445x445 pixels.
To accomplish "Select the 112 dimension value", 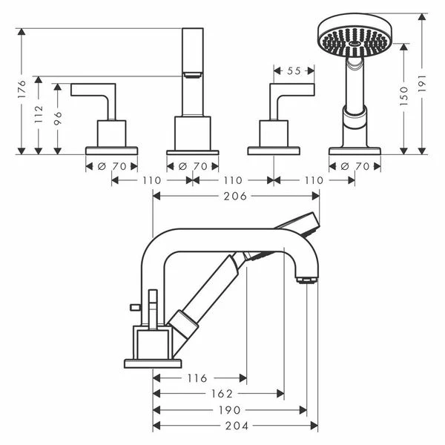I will click(x=39, y=113).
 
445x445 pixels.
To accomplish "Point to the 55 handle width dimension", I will click(x=294, y=71).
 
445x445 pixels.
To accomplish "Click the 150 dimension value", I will click(x=404, y=97).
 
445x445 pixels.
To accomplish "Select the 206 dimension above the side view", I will click(x=236, y=196).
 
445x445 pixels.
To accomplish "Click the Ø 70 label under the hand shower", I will click(x=354, y=166).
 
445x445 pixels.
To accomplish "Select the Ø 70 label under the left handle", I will click(x=111, y=166).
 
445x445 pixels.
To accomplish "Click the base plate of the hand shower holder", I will click(x=355, y=151).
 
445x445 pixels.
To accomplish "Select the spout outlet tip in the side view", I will click(x=305, y=279).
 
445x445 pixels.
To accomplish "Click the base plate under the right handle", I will click(x=274, y=151).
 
